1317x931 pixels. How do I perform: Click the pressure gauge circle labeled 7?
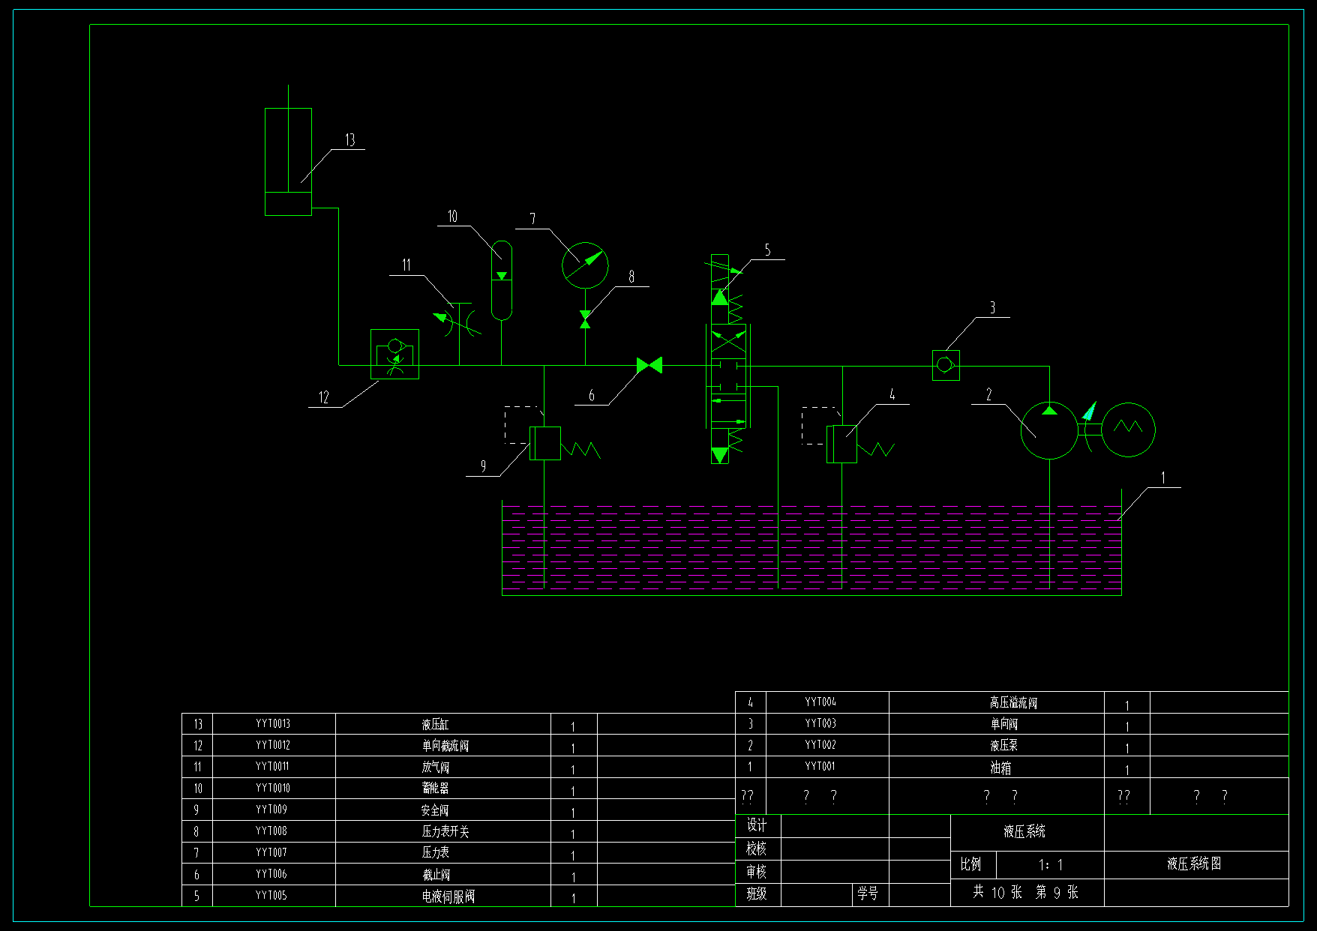[x=585, y=265]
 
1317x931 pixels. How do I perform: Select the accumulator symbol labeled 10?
[x=501, y=280]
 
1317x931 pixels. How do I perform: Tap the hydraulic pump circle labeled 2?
[x=1049, y=430]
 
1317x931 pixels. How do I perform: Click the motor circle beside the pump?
[x=1128, y=430]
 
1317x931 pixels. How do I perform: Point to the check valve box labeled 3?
[x=946, y=365]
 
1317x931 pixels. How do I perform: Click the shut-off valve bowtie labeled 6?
[x=649, y=365]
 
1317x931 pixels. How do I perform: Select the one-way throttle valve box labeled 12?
[x=394, y=354]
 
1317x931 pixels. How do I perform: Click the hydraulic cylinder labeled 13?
[x=288, y=161]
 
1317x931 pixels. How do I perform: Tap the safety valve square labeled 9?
[x=545, y=443]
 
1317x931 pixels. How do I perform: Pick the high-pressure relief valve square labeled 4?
[x=841, y=444]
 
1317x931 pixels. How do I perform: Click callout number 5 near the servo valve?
[x=767, y=250]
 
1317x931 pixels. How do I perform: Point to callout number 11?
[x=406, y=265]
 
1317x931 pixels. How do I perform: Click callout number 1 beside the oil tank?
[x=1163, y=478]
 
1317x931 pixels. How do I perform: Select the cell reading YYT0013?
[x=273, y=724]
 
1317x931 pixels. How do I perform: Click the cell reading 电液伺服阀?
[x=448, y=897]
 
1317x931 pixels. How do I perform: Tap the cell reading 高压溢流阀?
[x=1013, y=702]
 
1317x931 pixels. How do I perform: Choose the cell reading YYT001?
[x=820, y=767]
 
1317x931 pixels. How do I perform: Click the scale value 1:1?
[x=1050, y=865]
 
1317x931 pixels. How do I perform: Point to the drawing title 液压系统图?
[x=1194, y=864]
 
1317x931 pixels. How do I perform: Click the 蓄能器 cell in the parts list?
[x=436, y=789]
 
